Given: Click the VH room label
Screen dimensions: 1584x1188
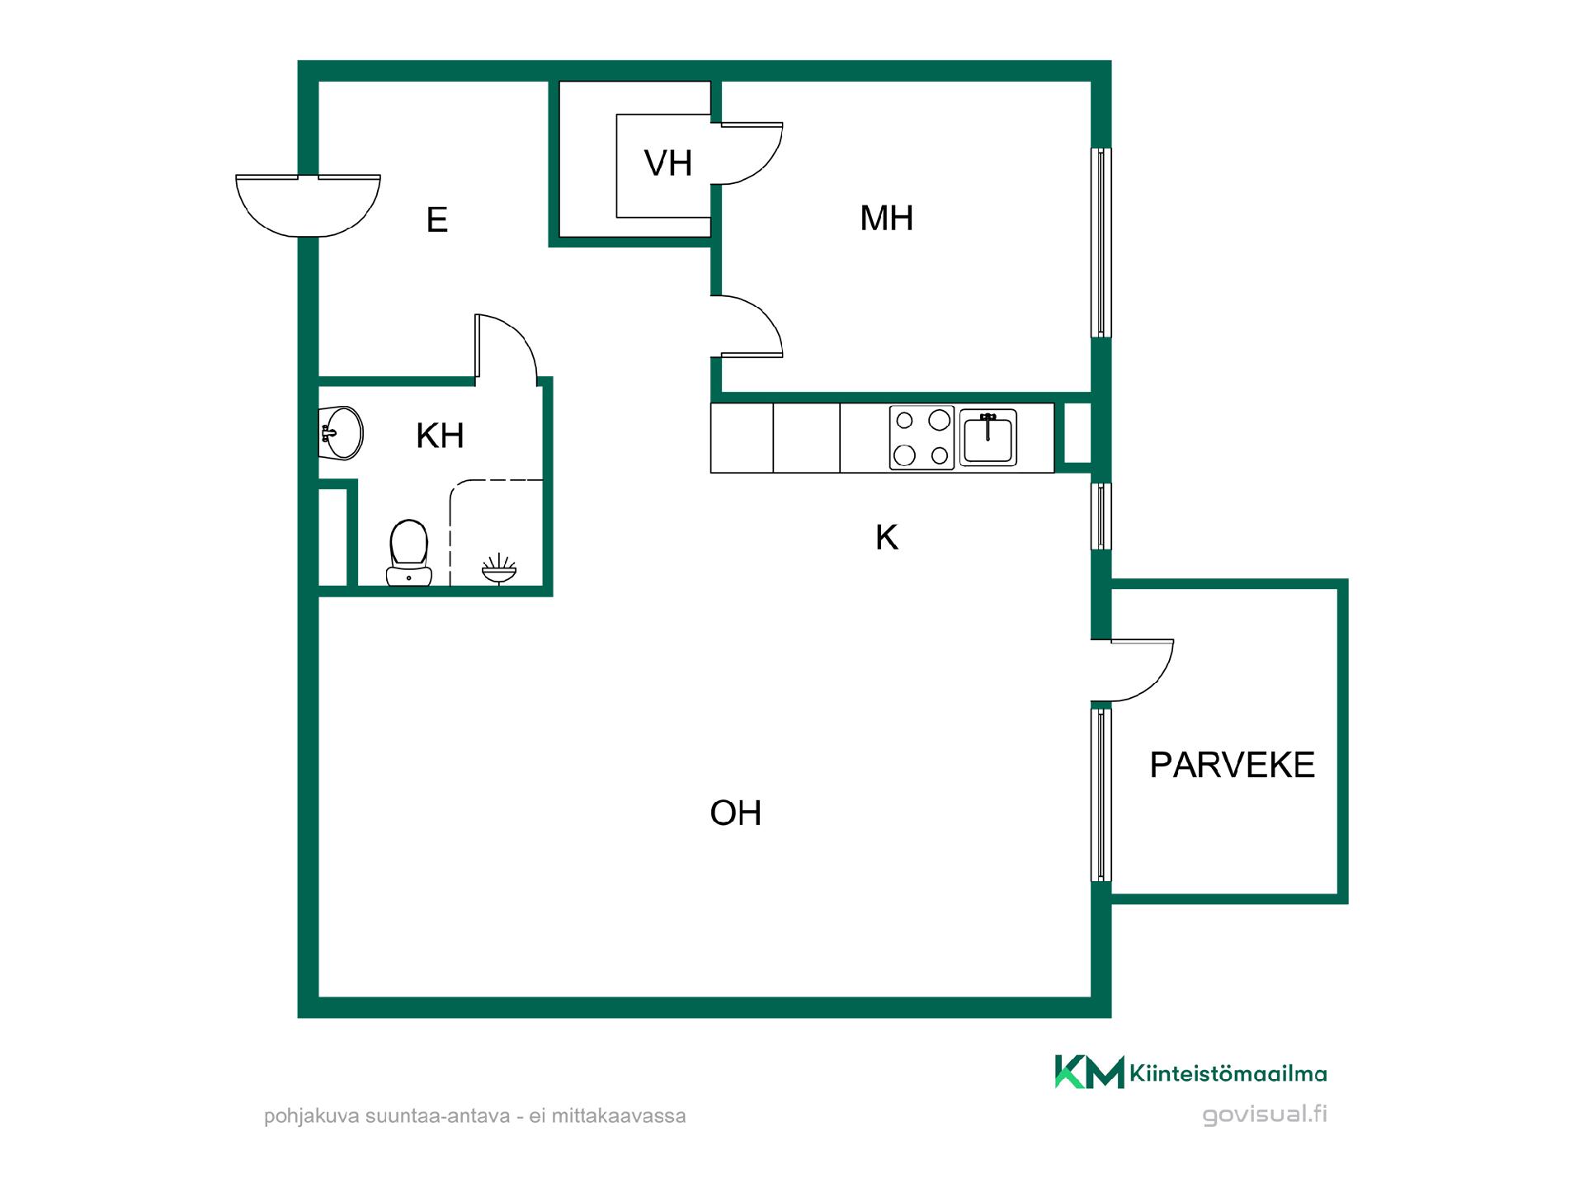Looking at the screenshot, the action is (x=668, y=163).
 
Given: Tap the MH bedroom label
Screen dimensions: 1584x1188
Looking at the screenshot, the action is (x=887, y=219).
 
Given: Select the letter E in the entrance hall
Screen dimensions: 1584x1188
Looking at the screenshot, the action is (x=437, y=220).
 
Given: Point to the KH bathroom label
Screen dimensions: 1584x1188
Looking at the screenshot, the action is (x=440, y=436).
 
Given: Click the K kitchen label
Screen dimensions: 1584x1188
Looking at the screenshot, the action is (x=887, y=537).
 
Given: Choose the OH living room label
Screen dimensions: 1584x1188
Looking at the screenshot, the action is (x=736, y=813).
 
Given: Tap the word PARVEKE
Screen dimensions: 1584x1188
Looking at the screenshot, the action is (x=1232, y=766).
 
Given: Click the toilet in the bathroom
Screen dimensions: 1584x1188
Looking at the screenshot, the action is (x=409, y=553).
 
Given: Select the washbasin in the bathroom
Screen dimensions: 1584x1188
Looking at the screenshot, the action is (x=341, y=432).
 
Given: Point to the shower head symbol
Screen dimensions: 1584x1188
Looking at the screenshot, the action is (x=499, y=568).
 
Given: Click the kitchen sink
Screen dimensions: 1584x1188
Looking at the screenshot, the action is (x=988, y=438).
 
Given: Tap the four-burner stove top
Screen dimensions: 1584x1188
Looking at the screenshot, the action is (x=922, y=438).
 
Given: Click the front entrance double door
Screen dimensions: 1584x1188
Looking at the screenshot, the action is (x=308, y=205).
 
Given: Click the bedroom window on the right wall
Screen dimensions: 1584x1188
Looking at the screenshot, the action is (x=1101, y=243).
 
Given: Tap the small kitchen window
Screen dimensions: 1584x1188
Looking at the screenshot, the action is (x=1101, y=516).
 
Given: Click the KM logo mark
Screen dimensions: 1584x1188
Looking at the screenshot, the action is (x=1089, y=1072).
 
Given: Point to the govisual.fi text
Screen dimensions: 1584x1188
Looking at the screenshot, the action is (x=1265, y=1115).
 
